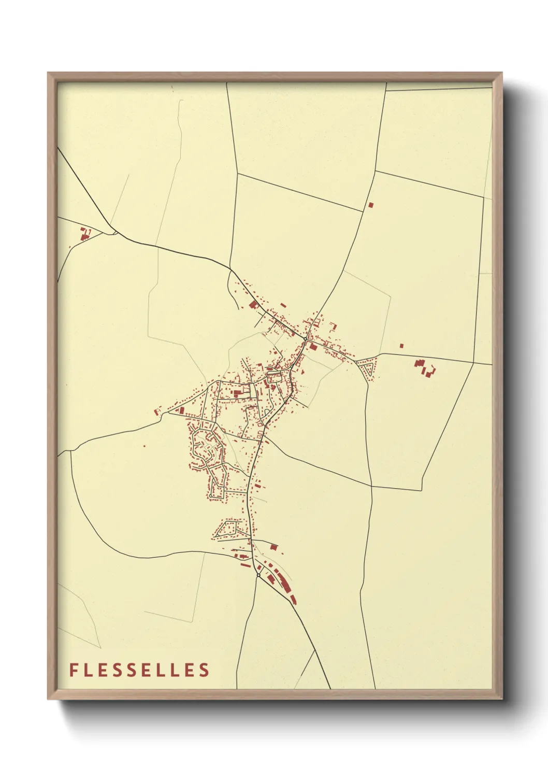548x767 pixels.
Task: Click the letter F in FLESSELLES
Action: coord(74,670)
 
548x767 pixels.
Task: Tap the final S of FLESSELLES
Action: coord(205,670)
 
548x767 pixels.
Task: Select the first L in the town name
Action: coord(88,670)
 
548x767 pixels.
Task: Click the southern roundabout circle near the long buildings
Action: coord(258,575)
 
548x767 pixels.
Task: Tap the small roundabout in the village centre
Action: coord(305,339)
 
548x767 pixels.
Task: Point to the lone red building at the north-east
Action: coord(370,205)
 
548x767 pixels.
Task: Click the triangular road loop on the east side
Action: coord(368,369)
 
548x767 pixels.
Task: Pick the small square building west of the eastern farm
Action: coord(401,345)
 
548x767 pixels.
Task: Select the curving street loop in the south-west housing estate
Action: coord(205,446)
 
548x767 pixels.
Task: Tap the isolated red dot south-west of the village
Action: coord(144,446)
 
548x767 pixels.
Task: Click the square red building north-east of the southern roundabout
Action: coord(273,547)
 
